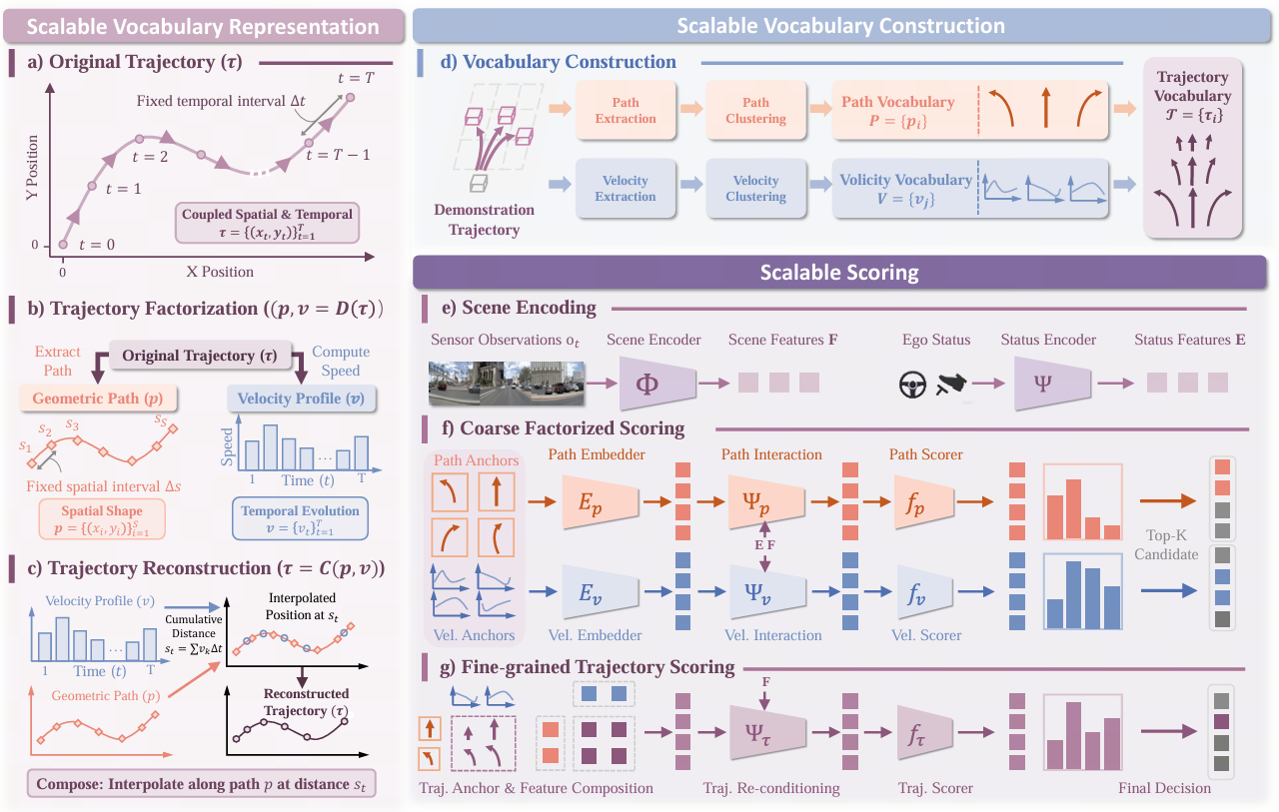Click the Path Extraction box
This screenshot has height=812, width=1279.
pyautogui.click(x=626, y=111)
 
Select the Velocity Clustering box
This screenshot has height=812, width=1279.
pyautogui.click(x=755, y=189)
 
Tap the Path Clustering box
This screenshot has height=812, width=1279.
pyautogui.click(x=755, y=111)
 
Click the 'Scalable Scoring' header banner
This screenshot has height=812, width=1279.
pyautogui.click(x=840, y=271)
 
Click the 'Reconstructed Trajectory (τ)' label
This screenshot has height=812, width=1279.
pyautogui.click(x=307, y=701)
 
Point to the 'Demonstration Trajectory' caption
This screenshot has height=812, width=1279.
pyautogui.click(x=486, y=220)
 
